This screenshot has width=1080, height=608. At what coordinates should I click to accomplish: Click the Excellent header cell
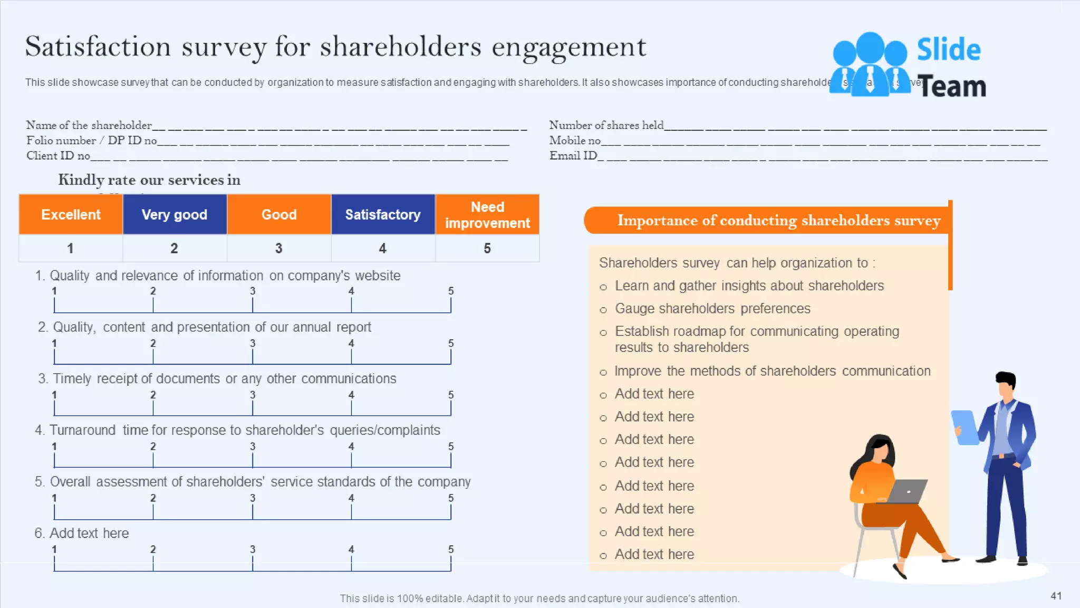click(71, 214)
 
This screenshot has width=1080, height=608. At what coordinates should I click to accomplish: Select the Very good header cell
click(175, 214)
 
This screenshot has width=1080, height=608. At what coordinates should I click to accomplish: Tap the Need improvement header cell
click(487, 215)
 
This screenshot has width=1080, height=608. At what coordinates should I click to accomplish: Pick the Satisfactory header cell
click(383, 214)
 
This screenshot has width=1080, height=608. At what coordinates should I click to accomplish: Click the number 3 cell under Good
click(278, 248)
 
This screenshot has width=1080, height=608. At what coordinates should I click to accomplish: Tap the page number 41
click(1056, 596)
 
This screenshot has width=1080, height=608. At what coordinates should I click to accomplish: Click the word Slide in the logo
click(949, 50)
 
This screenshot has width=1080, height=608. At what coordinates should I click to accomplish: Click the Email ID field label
click(573, 156)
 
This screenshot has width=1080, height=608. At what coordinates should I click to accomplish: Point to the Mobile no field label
click(575, 140)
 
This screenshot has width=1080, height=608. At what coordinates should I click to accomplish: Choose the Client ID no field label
click(58, 156)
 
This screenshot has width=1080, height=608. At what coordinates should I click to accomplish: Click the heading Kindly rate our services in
click(149, 180)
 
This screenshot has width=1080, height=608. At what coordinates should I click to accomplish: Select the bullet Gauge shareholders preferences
click(712, 308)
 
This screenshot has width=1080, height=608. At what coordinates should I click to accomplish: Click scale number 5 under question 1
click(451, 291)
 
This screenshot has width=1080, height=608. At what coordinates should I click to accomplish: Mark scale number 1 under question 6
click(54, 549)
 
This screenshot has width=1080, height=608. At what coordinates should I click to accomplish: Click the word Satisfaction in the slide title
click(98, 46)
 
